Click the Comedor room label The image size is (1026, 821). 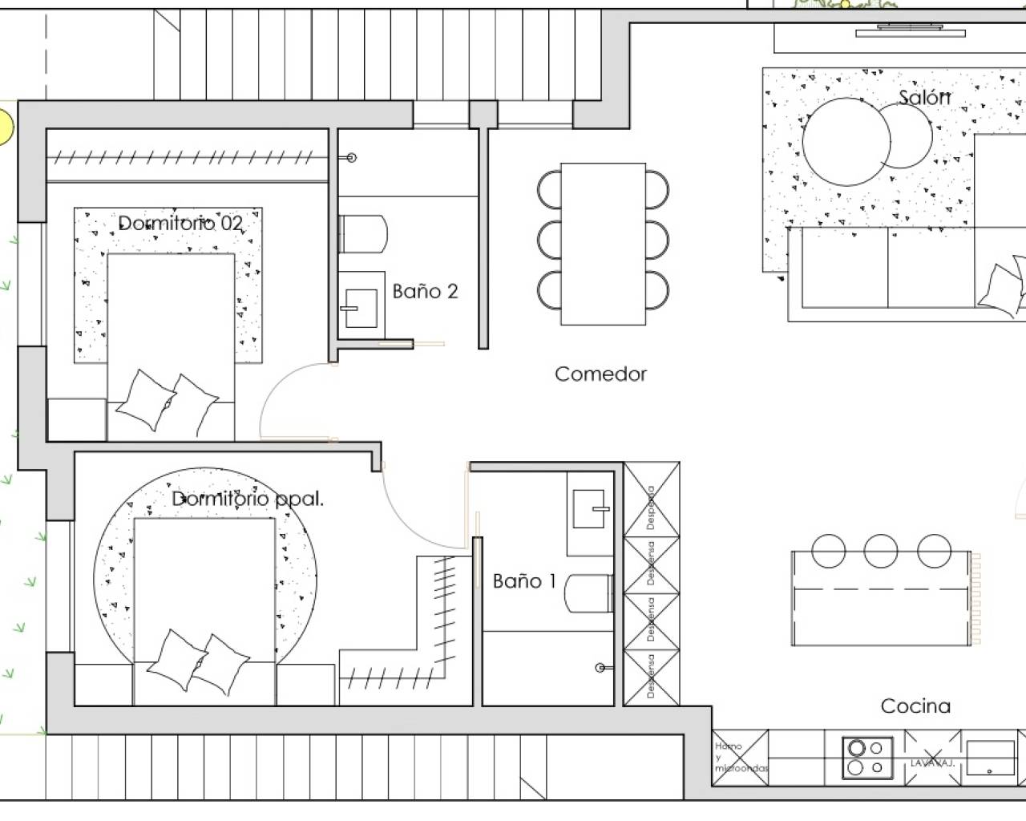click(x=600, y=374)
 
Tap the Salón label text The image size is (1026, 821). click(x=924, y=98)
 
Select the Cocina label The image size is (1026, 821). click(x=915, y=706)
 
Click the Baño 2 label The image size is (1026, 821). click(x=425, y=292)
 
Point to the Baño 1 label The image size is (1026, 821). click(x=524, y=581)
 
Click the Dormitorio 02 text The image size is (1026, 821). click(x=180, y=223)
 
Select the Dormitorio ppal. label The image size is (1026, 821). click(x=248, y=499)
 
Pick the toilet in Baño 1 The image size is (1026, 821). click(x=589, y=594)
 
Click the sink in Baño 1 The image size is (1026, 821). click(x=591, y=508)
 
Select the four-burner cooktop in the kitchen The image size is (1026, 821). click(x=867, y=758)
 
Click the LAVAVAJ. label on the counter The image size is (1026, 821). click(x=931, y=763)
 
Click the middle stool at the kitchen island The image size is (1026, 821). click(x=881, y=552)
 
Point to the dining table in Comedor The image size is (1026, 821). click(x=603, y=244)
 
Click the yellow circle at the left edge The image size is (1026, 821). click(x=4, y=127)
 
